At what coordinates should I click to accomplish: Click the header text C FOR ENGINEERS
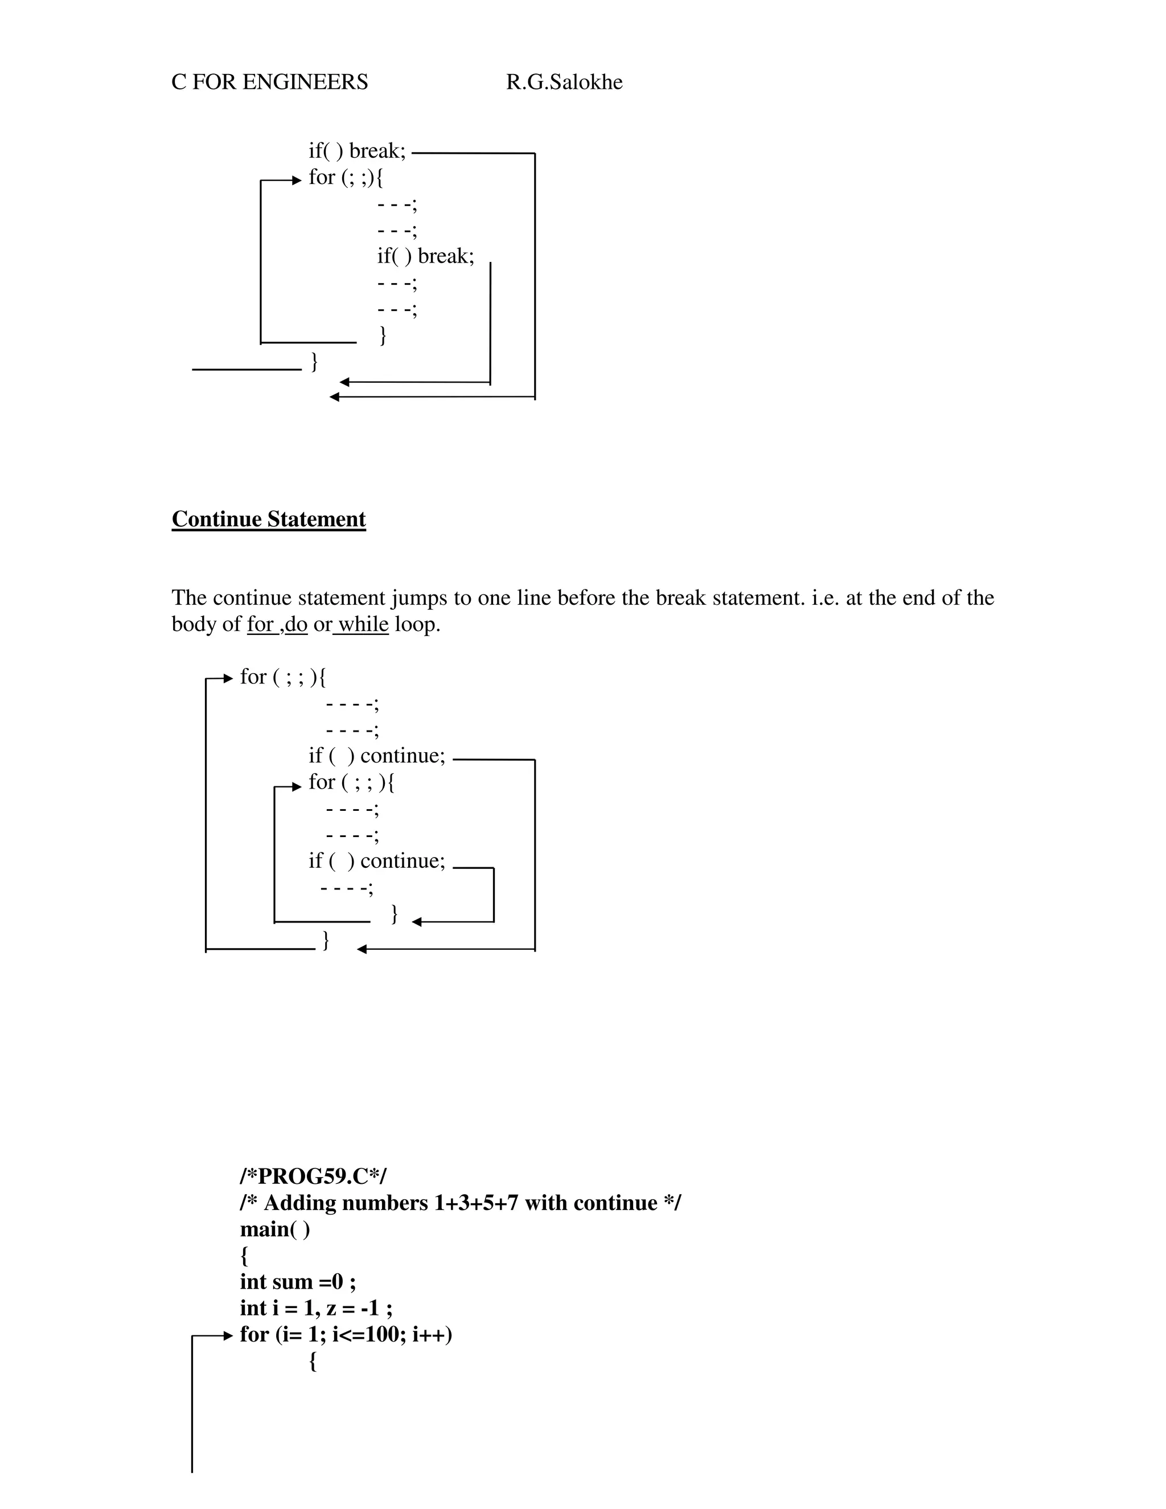click(269, 82)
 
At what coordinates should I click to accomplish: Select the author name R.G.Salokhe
click(564, 82)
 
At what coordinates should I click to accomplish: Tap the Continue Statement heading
click(269, 519)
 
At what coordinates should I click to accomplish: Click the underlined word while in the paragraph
click(363, 625)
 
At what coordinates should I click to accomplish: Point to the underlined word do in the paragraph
click(295, 625)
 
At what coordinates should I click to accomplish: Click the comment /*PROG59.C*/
click(313, 1175)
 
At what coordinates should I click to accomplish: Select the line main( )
click(275, 1229)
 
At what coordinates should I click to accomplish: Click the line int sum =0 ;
click(298, 1282)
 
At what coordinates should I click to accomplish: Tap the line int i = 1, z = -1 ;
click(315, 1308)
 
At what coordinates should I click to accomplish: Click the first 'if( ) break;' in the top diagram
click(357, 151)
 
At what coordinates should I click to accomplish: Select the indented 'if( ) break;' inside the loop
click(425, 256)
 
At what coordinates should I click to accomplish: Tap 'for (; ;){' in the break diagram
click(346, 178)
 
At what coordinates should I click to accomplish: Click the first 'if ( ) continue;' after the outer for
click(377, 756)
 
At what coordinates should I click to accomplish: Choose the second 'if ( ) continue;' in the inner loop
click(377, 861)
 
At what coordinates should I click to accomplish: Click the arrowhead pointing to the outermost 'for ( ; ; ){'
click(229, 679)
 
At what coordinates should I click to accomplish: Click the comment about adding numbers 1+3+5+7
click(460, 1203)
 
